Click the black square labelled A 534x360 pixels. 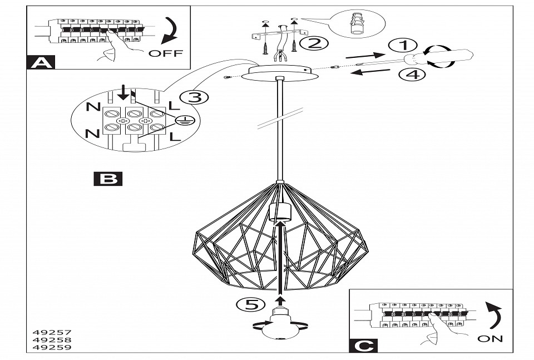pyautogui.click(x=41, y=62)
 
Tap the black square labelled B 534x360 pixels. pyautogui.click(x=108, y=178)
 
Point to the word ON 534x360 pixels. pyautogui.click(x=489, y=338)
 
